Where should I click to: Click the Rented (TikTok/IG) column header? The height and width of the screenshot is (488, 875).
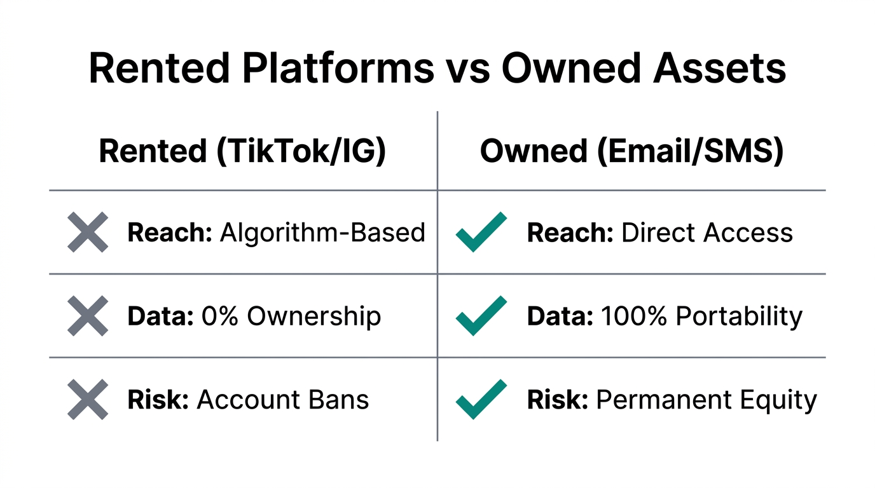[x=242, y=152]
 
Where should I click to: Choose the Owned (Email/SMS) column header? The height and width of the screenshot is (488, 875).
[x=631, y=152]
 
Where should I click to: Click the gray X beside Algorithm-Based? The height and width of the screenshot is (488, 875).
[x=88, y=233]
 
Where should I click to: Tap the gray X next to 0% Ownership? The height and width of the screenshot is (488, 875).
[x=88, y=316]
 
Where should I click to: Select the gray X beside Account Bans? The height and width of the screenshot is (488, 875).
[x=88, y=400]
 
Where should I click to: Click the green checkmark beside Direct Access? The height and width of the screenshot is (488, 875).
[x=481, y=233]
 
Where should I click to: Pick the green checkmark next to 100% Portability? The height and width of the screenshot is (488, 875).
[x=481, y=316]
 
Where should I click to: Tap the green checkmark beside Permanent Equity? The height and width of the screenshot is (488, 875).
[x=481, y=400]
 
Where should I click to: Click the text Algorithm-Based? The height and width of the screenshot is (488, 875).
[x=322, y=233]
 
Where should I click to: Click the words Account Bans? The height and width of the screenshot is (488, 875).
[x=283, y=400]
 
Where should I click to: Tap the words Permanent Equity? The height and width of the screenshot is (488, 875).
[x=706, y=400]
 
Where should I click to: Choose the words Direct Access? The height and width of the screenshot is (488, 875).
[x=707, y=233]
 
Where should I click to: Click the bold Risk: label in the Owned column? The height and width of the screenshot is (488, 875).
[x=557, y=400]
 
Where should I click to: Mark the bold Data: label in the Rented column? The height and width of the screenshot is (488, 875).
[x=160, y=316]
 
